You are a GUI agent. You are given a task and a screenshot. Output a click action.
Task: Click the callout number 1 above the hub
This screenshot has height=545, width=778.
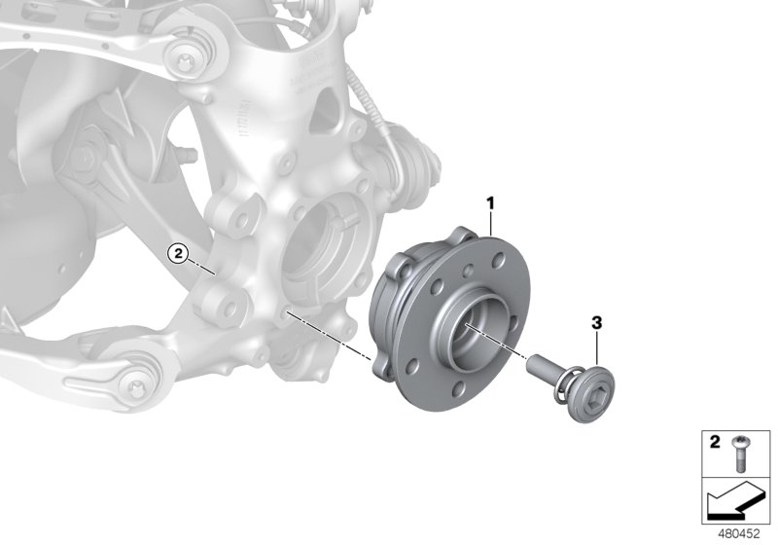491,202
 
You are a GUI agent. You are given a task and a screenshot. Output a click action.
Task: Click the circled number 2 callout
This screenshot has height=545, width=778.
176,254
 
